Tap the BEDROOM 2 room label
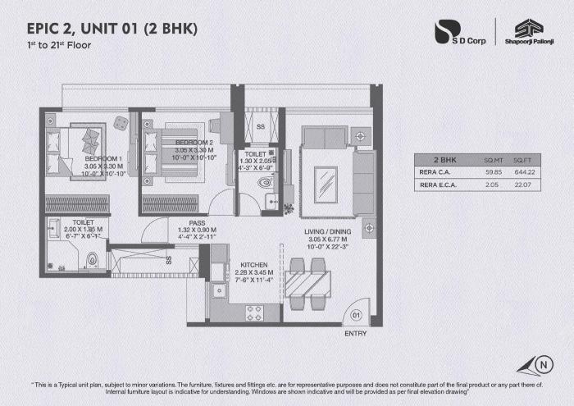point(194,143)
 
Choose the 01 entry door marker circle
point(356,314)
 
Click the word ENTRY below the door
point(356,334)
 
